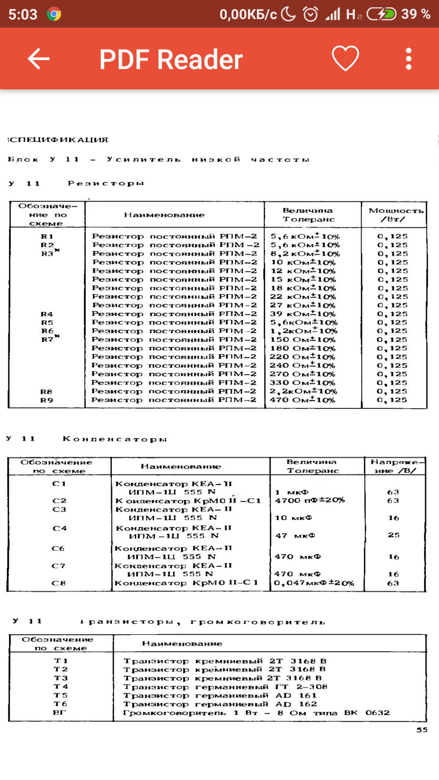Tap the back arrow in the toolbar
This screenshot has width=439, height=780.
click(39, 59)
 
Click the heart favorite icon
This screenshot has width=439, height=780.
click(345, 58)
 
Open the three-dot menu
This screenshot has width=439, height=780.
click(409, 59)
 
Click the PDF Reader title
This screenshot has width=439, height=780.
click(171, 59)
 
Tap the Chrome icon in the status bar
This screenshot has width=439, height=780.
click(54, 14)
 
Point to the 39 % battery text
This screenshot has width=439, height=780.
click(415, 14)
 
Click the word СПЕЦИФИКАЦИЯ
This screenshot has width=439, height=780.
click(59, 140)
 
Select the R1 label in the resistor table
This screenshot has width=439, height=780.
click(47, 236)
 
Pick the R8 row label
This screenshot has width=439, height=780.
click(46, 392)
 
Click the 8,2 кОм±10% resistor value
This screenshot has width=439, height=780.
click(305, 253)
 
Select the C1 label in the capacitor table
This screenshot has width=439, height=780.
click(59, 483)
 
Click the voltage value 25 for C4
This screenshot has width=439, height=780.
click(393, 535)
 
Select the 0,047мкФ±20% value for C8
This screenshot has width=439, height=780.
click(314, 583)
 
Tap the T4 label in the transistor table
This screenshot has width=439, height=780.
click(61, 687)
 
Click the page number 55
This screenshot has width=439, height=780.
click(422, 730)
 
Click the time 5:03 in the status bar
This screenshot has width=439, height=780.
click(23, 15)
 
